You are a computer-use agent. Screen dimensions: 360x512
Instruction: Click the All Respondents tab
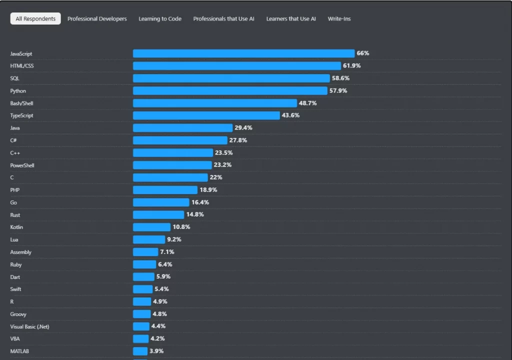(35, 19)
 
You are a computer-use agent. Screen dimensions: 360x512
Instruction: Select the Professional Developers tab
(97, 19)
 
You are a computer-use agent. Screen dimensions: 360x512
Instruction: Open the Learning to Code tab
(160, 19)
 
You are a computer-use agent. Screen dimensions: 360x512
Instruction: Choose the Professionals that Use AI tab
(223, 19)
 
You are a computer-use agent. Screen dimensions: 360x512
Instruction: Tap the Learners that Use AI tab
(291, 19)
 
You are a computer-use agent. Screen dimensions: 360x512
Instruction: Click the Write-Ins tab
(339, 19)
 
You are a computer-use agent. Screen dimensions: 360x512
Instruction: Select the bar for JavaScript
(243, 53)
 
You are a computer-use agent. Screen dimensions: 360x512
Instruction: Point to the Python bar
(230, 90)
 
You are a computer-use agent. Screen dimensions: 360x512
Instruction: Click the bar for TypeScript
(206, 115)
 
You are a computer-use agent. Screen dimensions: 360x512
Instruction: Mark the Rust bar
(158, 215)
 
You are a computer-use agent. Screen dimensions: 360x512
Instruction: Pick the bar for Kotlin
(151, 227)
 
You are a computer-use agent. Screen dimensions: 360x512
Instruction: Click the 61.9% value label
(351, 66)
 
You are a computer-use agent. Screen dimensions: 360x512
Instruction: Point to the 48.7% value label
(308, 103)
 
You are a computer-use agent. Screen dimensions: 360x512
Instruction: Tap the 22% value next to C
(216, 177)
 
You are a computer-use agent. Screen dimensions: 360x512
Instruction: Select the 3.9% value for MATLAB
(156, 351)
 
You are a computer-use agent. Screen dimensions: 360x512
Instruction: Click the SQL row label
(14, 78)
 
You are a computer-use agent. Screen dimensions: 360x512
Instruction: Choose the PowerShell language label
(22, 165)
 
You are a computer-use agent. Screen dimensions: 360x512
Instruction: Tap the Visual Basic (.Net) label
(29, 326)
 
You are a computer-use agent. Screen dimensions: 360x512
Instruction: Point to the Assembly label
(20, 252)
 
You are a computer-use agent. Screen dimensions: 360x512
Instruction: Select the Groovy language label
(18, 314)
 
